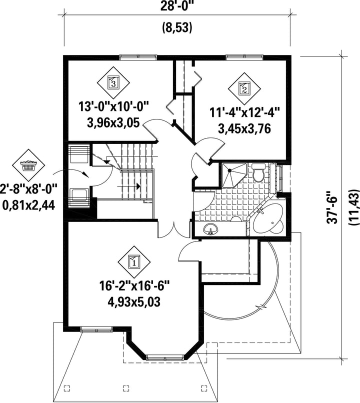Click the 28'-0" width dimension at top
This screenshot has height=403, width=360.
point(177,7)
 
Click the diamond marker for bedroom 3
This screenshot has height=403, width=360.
point(113,82)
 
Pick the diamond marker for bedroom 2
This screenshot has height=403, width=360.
point(244,89)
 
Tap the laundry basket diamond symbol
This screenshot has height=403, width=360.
point(28,163)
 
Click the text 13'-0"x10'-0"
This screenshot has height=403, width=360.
point(114,106)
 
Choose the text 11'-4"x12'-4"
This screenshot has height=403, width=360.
point(244,113)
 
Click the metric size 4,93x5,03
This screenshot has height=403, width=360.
point(134,301)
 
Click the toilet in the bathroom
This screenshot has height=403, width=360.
point(258,173)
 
